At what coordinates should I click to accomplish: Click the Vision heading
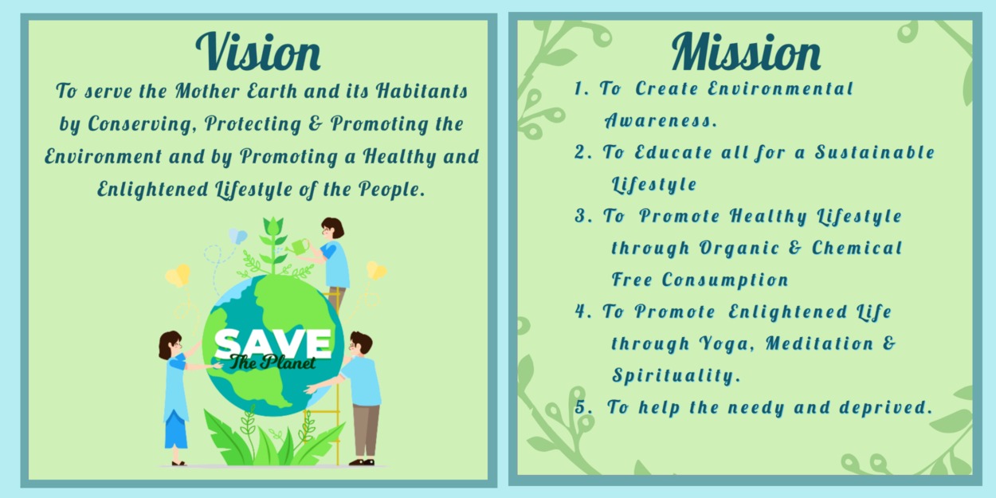click(258, 51)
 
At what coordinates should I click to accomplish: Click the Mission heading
click(746, 51)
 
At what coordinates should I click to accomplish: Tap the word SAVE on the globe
click(273, 343)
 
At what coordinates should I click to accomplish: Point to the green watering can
click(298, 247)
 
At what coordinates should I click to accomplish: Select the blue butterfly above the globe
click(237, 236)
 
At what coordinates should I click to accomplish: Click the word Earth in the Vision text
click(272, 91)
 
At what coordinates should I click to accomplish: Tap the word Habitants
click(422, 91)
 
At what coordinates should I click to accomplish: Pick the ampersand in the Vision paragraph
click(315, 124)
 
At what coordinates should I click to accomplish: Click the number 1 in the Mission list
click(578, 88)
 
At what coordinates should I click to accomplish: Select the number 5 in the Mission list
click(581, 407)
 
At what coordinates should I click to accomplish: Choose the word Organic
click(739, 249)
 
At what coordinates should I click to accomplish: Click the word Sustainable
click(875, 152)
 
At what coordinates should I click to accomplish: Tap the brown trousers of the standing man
click(366, 430)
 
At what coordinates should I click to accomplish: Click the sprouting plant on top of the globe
click(273, 245)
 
